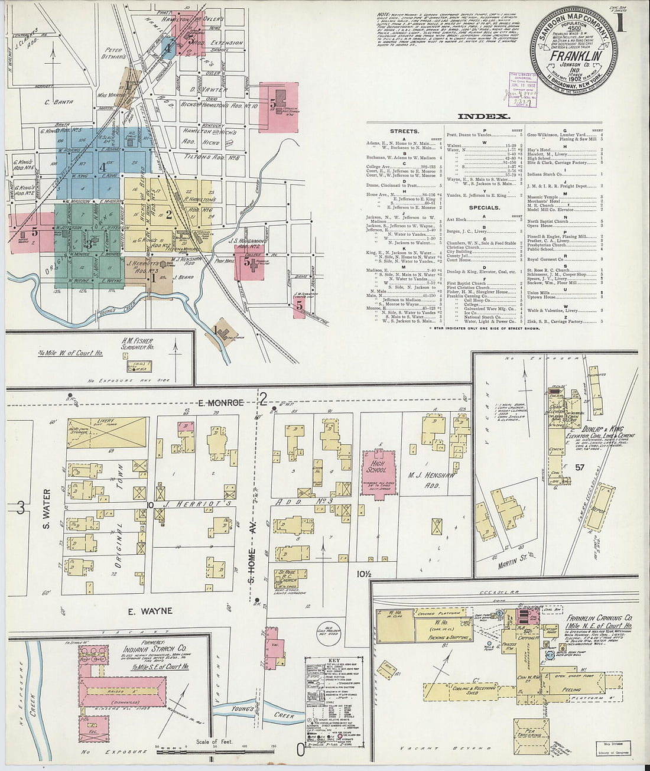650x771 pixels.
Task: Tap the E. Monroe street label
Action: (213, 402)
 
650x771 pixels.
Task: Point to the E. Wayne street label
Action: (149, 611)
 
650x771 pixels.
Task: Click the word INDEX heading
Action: (484, 117)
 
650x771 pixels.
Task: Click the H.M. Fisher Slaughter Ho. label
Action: (137, 344)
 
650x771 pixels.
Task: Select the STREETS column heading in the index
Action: (404, 131)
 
